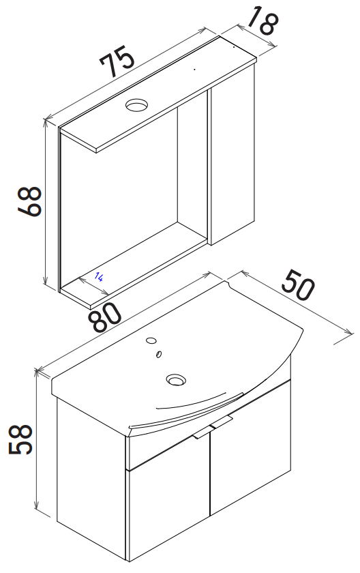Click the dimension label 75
click(117, 61)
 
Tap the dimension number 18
click(264, 21)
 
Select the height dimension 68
click(30, 202)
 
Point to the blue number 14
click(98, 276)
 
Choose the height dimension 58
click(21, 439)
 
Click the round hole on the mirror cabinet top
click(137, 105)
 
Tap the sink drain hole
click(176, 380)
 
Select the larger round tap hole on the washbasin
click(151, 340)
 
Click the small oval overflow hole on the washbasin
click(159, 354)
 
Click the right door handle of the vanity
click(222, 422)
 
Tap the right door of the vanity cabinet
click(250, 448)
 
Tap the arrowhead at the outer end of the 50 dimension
click(351, 333)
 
